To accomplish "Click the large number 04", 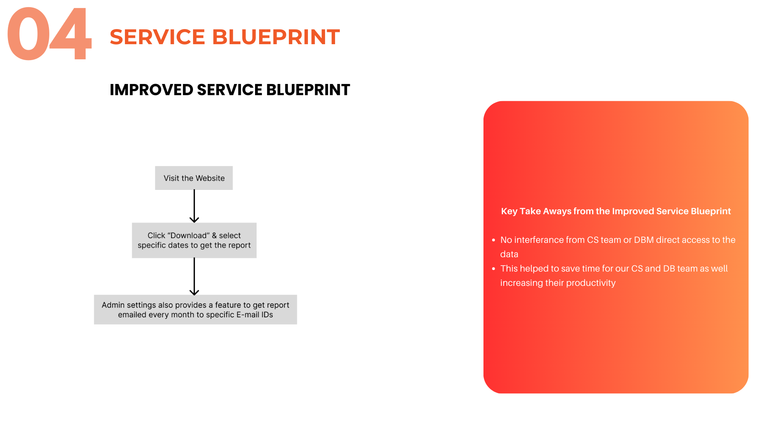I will pyautogui.click(x=49, y=35).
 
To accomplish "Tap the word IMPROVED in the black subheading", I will pyautogui.click(x=151, y=90).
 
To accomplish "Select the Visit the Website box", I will pyautogui.click(x=194, y=178).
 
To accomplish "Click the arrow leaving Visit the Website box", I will pyautogui.click(x=194, y=206).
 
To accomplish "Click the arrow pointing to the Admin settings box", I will pyautogui.click(x=194, y=276).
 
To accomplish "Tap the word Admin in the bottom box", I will pyautogui.click(x=113, y=305).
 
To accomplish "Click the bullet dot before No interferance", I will pyautogui.click(x=493, y=240).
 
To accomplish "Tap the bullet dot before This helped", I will pyautogui.click(x=493, y=269).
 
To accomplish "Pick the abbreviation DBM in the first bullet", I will pyautogui.click(x=643, y=240).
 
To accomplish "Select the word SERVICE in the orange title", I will pyautogui.click(x=157, y=37).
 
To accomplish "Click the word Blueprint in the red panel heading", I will pyautogui.click(x=710, y=211).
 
